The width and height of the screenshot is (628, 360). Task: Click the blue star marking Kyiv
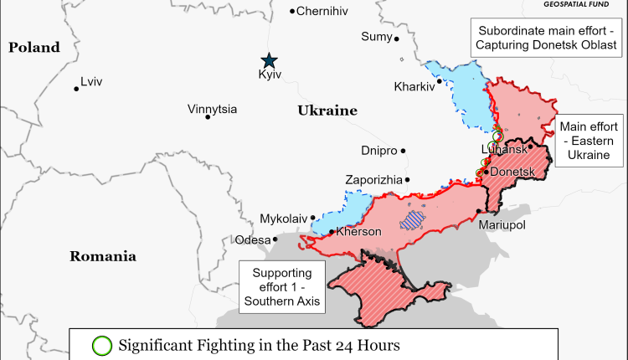[269, 60]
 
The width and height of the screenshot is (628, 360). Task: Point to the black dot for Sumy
[397, 39]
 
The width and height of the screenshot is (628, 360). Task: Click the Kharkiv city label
[414, 86]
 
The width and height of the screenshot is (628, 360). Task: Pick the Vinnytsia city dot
[208, 116]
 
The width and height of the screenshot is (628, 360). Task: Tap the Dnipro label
[379, 152]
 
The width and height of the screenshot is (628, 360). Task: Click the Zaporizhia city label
[373, 180]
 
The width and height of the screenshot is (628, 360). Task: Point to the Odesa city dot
[275, 239]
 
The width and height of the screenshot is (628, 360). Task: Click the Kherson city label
[360, 232]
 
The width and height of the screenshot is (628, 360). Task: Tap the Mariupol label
[502, 226]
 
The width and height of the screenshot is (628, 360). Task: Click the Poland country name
[34, 48]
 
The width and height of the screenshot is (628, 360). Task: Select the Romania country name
[103, 256]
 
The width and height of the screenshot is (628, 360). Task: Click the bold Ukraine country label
[327, 111]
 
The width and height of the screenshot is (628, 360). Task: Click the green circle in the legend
[101, 345]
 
